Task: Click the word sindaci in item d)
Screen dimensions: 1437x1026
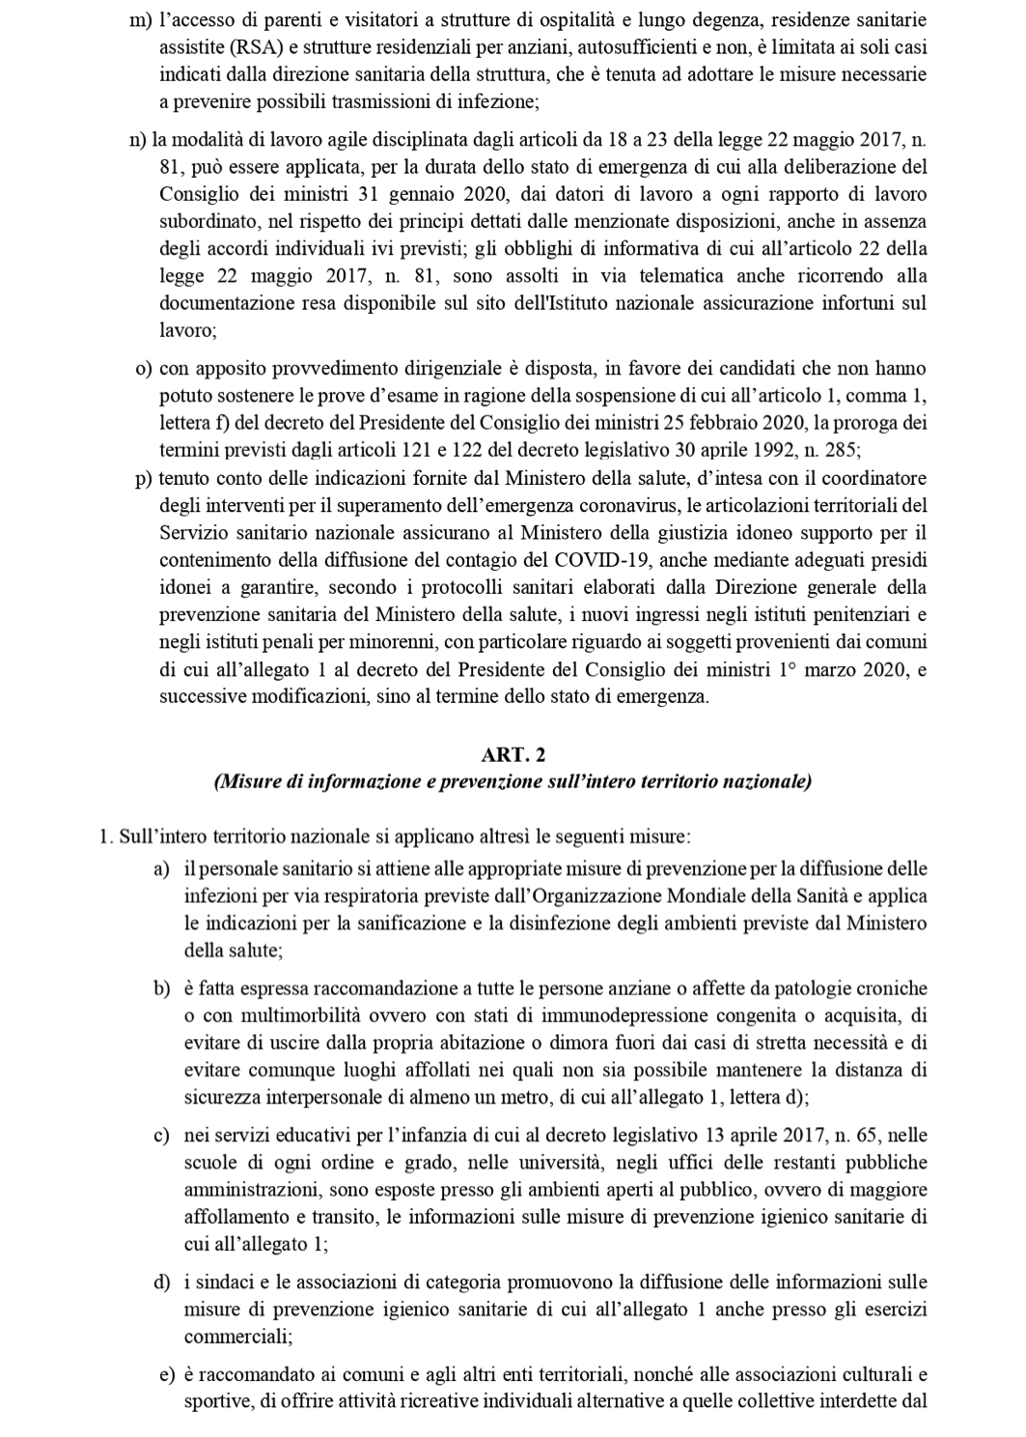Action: (x=220, y=1282)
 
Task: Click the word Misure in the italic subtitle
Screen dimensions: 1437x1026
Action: (x=243, y=781)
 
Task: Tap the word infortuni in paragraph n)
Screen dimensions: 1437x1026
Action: (x=859, y=302)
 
